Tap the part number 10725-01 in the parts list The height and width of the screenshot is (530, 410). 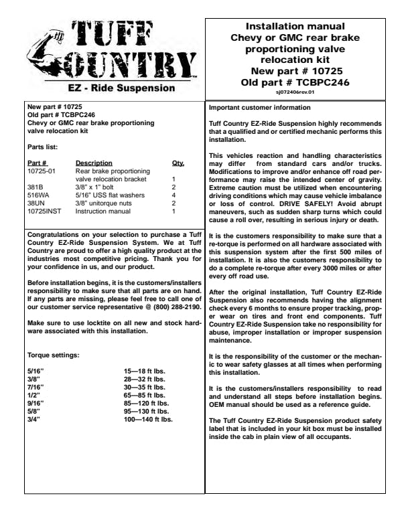point(42,171)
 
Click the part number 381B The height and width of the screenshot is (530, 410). point(34,187)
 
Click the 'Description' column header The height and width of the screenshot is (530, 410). point(94,163)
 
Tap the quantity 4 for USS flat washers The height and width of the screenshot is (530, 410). point(174,195)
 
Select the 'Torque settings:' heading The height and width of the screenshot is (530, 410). point(53,355)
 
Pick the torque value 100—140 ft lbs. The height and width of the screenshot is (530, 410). point(148,420)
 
